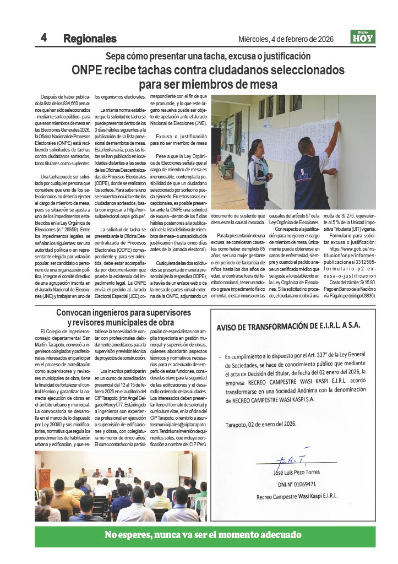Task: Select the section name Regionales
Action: click(90, 39)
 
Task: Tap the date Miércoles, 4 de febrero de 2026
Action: click(286, 39)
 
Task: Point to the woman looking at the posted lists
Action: click(257, 171)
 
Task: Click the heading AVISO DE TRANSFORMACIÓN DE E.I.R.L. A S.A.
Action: click(288, 326)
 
